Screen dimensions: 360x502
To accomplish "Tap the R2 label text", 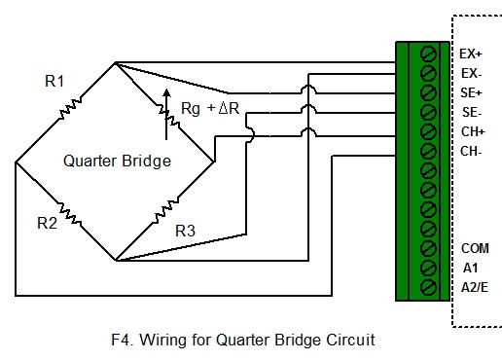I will (48, 223).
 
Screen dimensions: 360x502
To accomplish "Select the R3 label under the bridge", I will (185, 232).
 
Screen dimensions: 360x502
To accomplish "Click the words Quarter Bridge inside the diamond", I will (117, 161).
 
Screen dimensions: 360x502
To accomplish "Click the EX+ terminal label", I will (471, 54).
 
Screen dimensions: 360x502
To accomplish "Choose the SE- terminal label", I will (471, 112).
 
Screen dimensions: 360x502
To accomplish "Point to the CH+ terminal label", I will (472, 131).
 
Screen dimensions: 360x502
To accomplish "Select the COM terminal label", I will (475, 248).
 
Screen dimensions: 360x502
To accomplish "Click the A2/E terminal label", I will (475, 287).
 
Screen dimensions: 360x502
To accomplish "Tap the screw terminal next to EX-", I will (427, 73).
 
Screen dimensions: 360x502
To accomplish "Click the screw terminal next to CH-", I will (427, 151).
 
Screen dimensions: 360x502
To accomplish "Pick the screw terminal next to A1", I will (427, 268).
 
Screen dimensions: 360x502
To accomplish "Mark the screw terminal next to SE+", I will (427, 92).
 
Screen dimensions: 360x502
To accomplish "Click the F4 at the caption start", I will (122, 341).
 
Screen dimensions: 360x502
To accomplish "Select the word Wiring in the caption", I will (161, 341).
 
